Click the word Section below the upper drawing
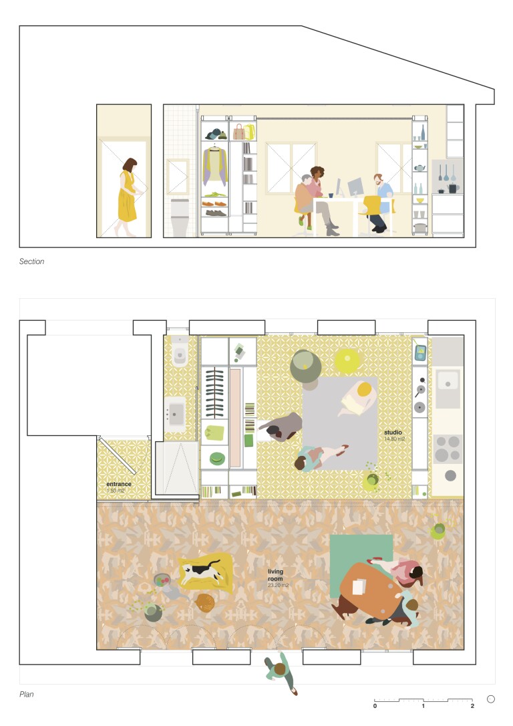pyautogui.click(x=31, y=261)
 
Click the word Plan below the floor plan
pyautogui.click(x=26, y=694)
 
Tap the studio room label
pyautogui.click(x=393, y=432)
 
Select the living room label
pyautogui.click(x=275, y=575)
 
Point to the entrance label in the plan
pyautogui.click(x=119, y=484)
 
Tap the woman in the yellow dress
pyautogui.click(x=128, y=197)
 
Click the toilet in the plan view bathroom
pyautogui.click(x=180, y=352)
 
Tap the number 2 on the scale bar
pyautogui.click(x=472, y=706)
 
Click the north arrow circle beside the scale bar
pyautogui.click(x=491, y=699)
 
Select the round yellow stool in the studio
pyautogui.click(x=347, y=360)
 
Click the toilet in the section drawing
pyautogui.click(x=180, y=218)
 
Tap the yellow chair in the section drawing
pyautogui.click(x=373, y=207)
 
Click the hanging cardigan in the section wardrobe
pyautogui.click(x=214, y=165)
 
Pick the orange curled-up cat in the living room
pyautogui.click(x=204, y=603)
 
